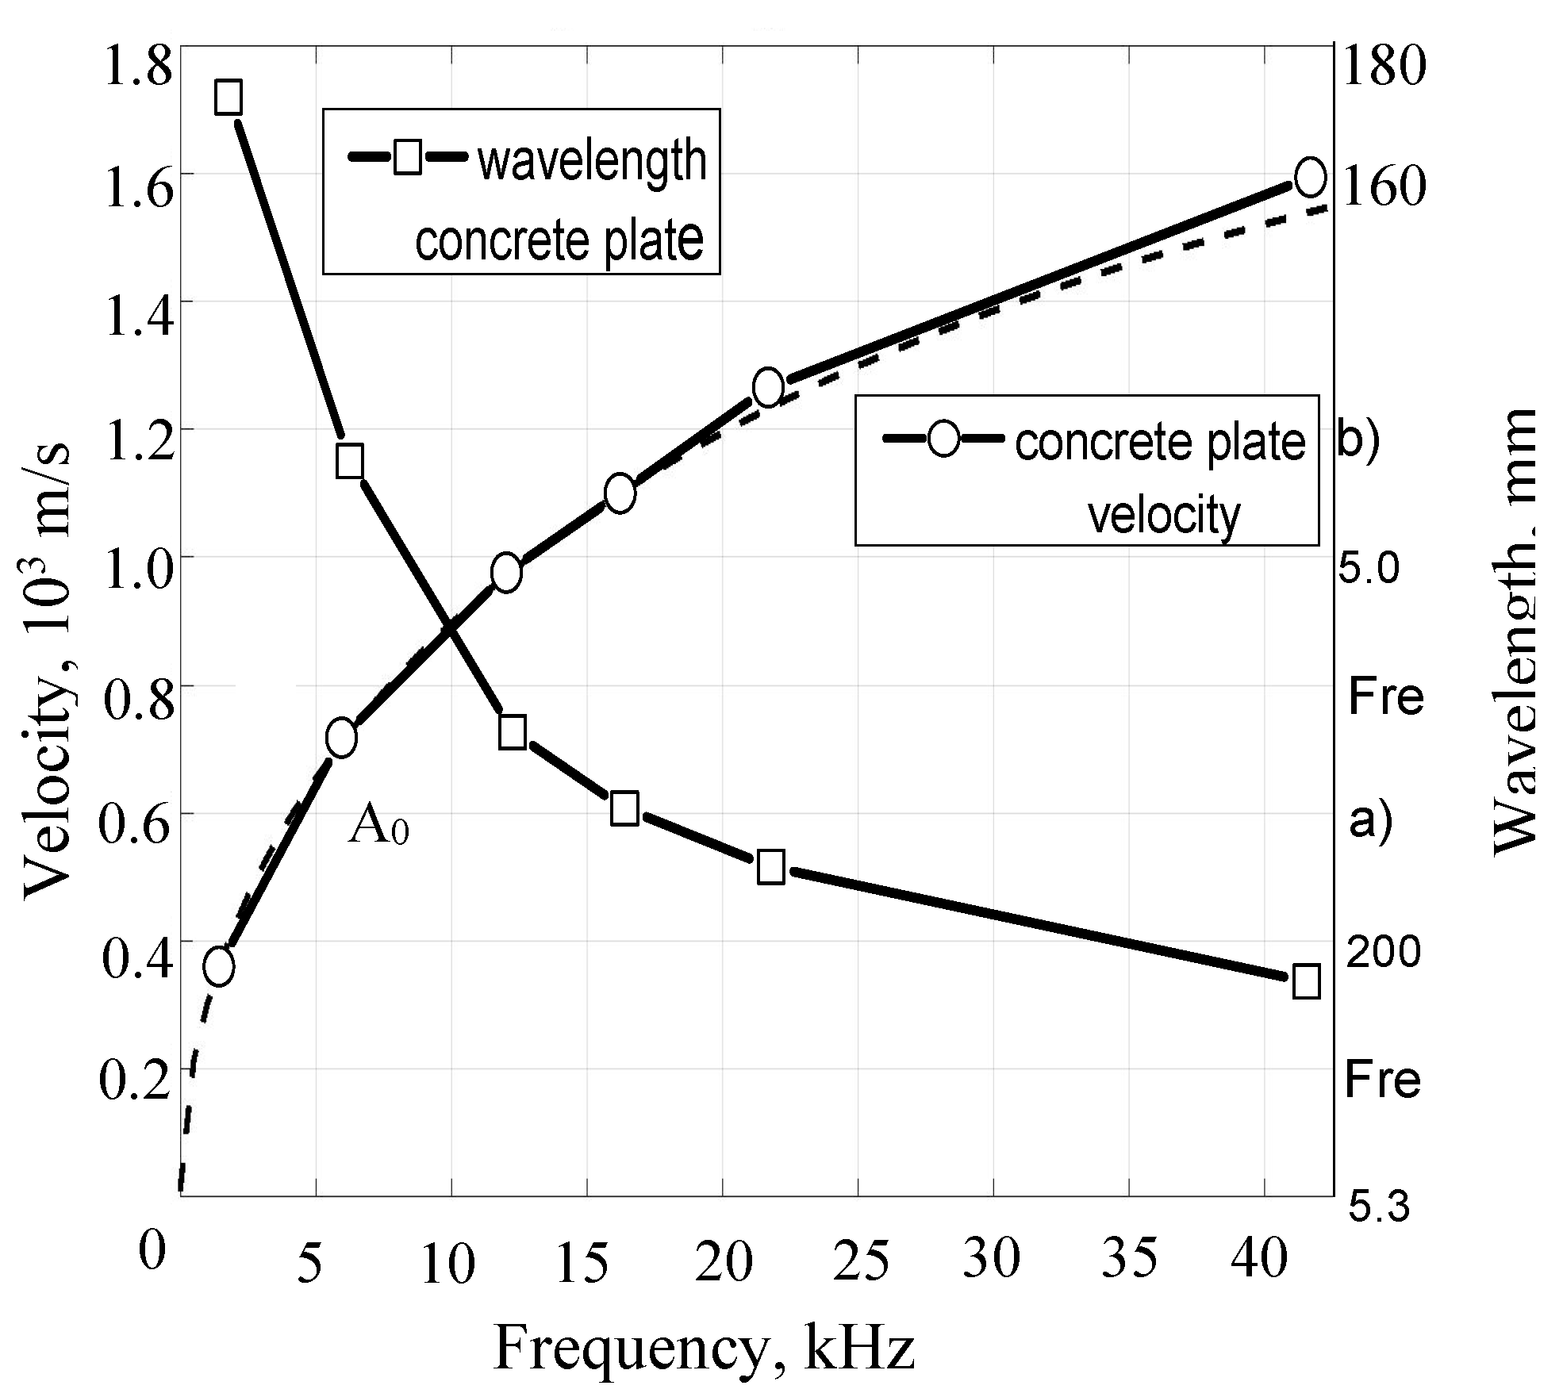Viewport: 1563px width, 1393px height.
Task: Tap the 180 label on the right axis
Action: pyautogui.click(x=1383, y=64)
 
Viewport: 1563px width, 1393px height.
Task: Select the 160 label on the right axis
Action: pyautogui.click(x=1383, y=187)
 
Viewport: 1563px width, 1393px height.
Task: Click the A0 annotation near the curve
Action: pyautogui.click(x=378, y=827)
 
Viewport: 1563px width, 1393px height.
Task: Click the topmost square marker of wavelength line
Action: pyautogui.click(x=228, y=98)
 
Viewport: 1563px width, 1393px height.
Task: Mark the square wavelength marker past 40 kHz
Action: pyautogui.click(x=1306, y=981)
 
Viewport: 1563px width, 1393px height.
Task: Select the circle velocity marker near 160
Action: pyautogui.click(x=1309, y=176)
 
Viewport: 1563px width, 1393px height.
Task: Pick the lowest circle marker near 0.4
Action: pyautogui.click(x=219, y=966)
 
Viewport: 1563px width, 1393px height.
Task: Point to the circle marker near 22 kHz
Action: pyautogui.click(x=768, y=388)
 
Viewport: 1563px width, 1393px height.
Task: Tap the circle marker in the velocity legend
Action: pyautogui.click(x=943, y=438)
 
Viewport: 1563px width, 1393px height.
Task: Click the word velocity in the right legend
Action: pyautogui.click(x=1163, y=515)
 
